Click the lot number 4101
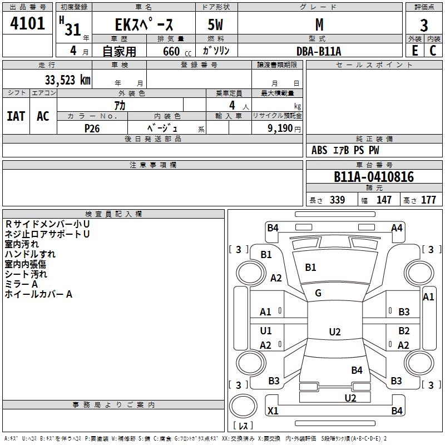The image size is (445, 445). [x=27, y=24]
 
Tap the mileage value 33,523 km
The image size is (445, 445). [x=67, y=80]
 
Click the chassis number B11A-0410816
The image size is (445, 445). [x=374, y=177]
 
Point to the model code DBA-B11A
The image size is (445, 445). [x=319, y=51]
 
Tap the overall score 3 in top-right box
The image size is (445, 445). [x=424, y=26]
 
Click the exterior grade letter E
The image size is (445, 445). [x=414, y=51]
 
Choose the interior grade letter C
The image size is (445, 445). [x=433, y=51]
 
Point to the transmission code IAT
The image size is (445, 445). [x=16, y=116]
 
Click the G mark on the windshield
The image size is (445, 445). [x=318, y=293]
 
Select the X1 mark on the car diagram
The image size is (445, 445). [x=273, y=411]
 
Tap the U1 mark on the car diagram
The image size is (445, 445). [x=266, y=331]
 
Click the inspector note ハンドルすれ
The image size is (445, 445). [x=30, y=254]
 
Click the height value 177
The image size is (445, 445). [x=428, y=200]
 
